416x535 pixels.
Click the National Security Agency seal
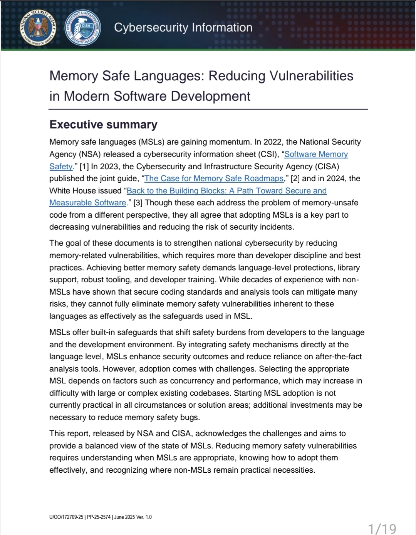[x=38, y=27]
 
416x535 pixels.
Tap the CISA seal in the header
[x=83, y=27]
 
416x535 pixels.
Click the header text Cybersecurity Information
[x=183, y=27]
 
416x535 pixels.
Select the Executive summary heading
[x=103, y=125]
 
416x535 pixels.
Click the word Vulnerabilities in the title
[x=311, y=76]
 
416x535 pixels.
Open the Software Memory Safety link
[x=316, y=154]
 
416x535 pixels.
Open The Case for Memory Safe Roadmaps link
[x=214, y=178]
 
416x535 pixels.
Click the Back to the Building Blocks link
[x=226, y=191]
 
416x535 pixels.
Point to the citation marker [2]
[x=295, y=178]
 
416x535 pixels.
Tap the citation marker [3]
[x=138, y=203]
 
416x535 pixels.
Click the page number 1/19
[x=382, y=528]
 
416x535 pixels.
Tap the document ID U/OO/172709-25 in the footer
[x=66, y=517]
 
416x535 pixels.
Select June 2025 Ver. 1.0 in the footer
[x=133, y=517]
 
